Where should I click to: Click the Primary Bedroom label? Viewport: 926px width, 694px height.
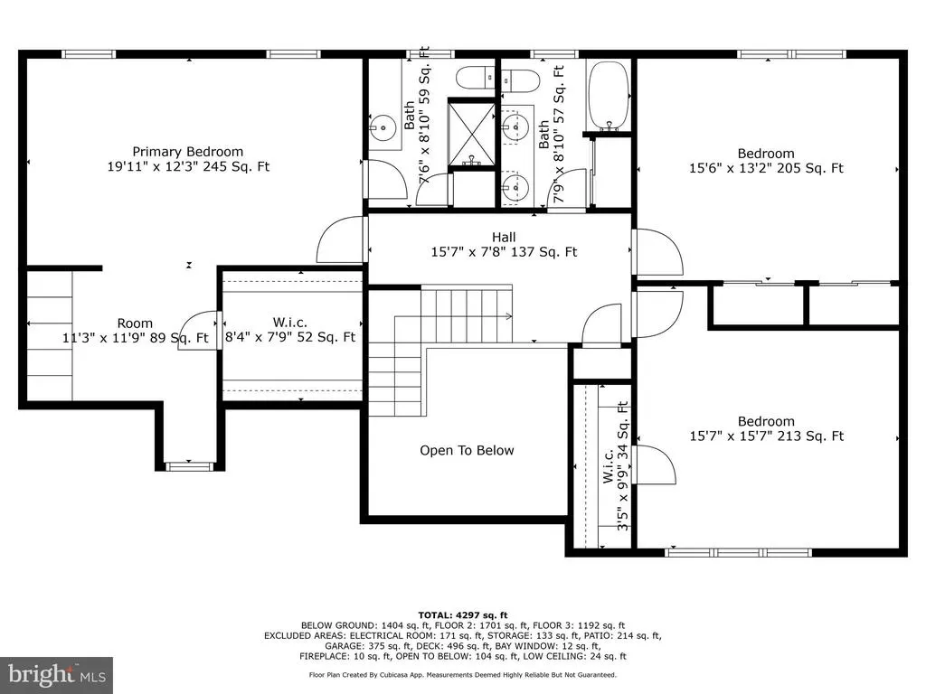[188, 152]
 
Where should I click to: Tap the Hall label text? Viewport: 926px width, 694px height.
[504, 238]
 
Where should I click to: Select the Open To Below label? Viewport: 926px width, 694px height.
[467, 450]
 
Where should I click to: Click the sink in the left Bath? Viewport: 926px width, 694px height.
[384, 127]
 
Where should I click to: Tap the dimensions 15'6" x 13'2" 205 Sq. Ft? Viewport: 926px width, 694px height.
[766, 168]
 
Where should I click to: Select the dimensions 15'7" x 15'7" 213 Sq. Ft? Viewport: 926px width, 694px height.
[767, 436]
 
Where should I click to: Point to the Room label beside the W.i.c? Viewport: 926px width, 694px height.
[135, 324]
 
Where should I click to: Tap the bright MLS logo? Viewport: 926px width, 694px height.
[57, 675]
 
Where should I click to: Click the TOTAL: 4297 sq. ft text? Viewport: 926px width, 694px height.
[463, 614]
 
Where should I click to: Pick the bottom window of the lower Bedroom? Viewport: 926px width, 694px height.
[738, 553]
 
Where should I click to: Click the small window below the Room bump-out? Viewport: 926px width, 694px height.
[189, 466]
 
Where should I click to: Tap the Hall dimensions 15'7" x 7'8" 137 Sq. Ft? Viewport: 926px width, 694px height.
[504, 252]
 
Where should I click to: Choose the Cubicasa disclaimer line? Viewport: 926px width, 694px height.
[463, 674]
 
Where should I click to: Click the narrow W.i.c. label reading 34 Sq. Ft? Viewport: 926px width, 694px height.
[615, 466]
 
